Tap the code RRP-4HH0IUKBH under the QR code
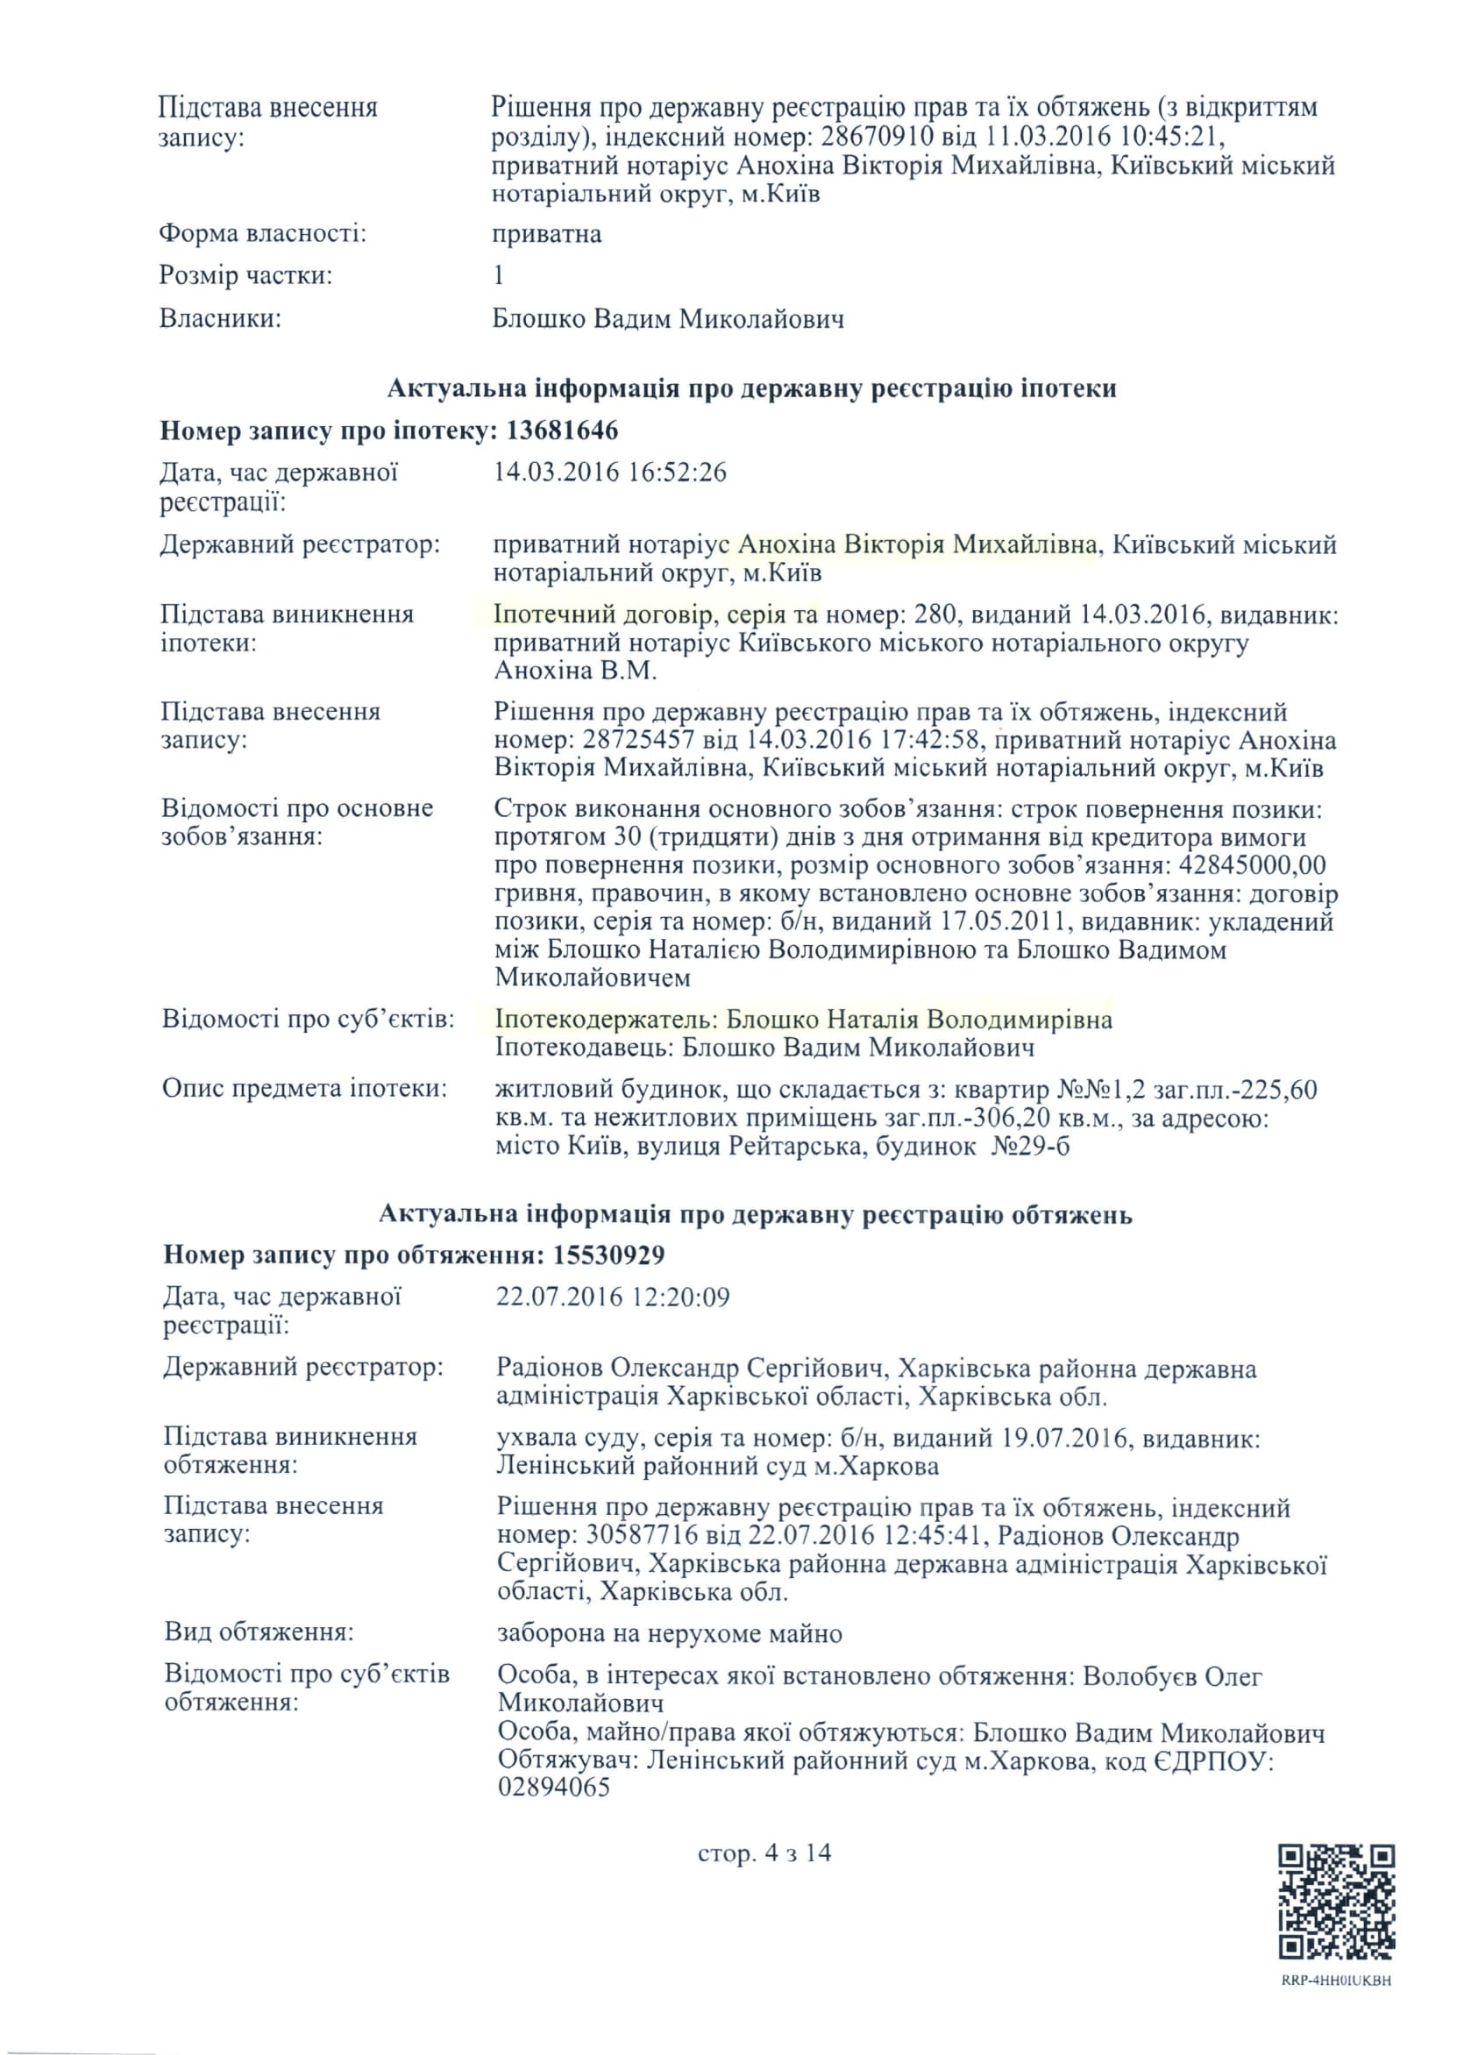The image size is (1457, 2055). click(x=1336, y=1980)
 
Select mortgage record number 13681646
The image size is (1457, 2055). click(x=563, y=430)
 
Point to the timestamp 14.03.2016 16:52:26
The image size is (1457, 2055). click(x=610, y=472)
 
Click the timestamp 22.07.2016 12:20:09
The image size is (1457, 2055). click(x=613, y=1297)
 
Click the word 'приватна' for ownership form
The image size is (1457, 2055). click(x=546, y=234)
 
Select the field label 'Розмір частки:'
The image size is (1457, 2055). click(x=245, y=275)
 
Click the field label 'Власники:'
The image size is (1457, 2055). click(x=220, y=318)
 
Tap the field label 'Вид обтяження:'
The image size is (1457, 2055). click(x=259, y=1631)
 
